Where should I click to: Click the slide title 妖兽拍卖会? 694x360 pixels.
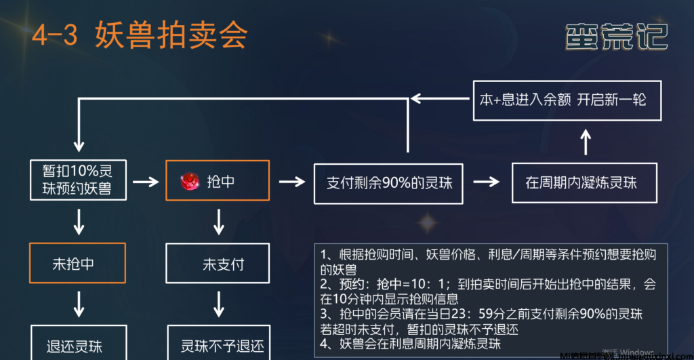171,34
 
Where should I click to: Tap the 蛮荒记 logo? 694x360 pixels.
617,36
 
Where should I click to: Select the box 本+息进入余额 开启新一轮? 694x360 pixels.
567,100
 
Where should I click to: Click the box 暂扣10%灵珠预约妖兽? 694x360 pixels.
80,179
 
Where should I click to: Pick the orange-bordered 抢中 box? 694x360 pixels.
217,181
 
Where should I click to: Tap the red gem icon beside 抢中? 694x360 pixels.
189,182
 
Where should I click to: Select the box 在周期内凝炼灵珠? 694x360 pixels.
584,182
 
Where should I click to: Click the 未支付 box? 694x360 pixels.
218,264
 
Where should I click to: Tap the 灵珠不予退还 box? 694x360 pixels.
218,345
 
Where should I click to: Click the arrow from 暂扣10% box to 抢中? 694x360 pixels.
146,182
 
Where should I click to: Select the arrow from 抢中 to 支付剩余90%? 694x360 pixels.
292,182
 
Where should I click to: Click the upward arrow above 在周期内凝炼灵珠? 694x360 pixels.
586,142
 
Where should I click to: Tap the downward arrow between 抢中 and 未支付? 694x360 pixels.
218,221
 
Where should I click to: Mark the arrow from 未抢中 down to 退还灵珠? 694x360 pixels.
79,303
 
